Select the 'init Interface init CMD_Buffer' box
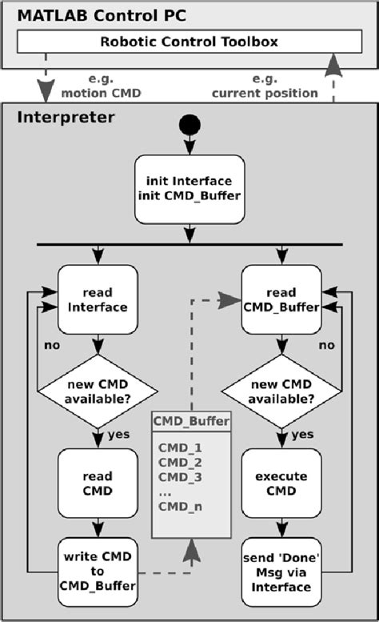pos(189,189)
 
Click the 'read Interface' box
pos(97,299)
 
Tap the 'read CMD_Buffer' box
pos(281,299)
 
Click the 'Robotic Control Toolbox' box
pos(189,42)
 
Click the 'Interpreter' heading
pos(66,118)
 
